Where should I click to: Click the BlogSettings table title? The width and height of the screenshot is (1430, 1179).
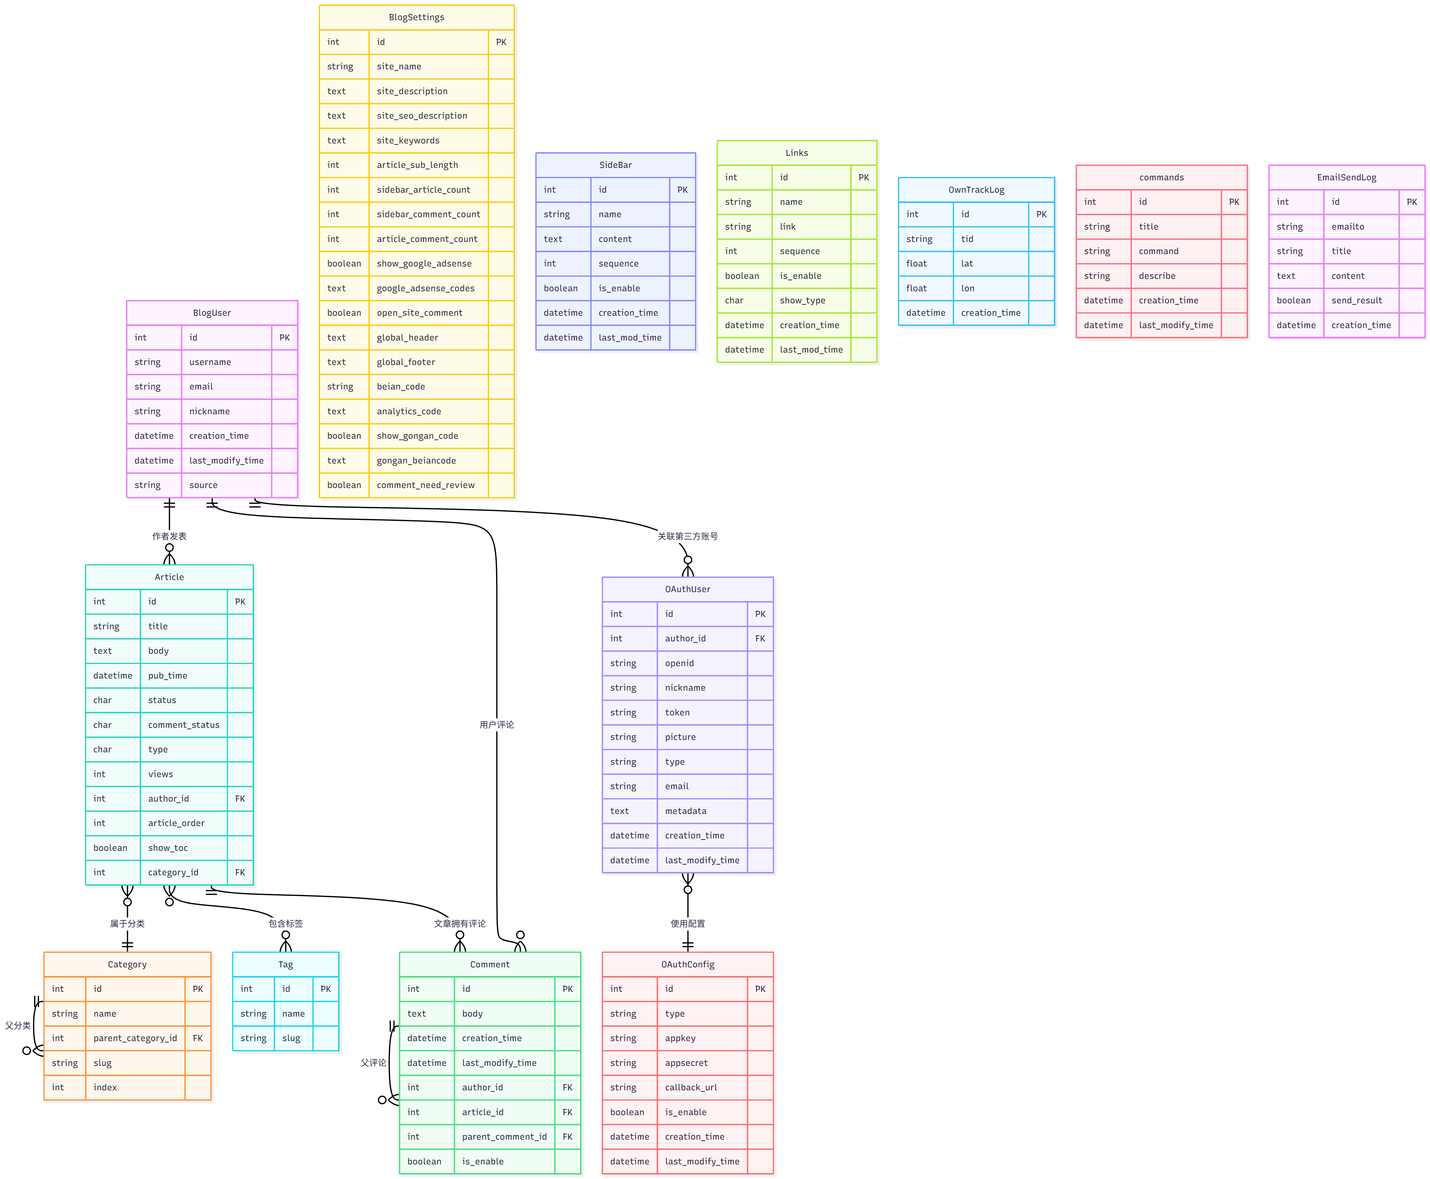tap(416, 17)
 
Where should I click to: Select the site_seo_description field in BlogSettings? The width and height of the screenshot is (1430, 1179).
tap(422, 116)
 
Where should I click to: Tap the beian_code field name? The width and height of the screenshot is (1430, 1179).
tap(401, 386)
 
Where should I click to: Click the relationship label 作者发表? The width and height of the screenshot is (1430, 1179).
tap(169, 536)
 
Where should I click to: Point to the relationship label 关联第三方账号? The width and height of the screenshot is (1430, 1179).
tap(687, 536)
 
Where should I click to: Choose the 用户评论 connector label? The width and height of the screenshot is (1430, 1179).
tap(496, 725)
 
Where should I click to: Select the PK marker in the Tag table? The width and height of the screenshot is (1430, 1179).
tap(325, 989)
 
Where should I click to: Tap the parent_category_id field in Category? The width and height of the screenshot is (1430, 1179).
tap(135, 1038)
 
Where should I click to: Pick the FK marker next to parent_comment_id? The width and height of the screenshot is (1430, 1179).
tap(567, 1136)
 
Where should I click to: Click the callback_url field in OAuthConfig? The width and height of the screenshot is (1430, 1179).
tap(691, 1087)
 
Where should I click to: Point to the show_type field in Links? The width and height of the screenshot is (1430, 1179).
tap(802, 300)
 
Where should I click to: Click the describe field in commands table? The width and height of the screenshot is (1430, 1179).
tap(1156, 276)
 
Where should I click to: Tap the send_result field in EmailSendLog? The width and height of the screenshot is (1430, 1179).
tap(1356, 300)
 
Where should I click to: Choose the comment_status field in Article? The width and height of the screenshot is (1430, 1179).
tap(183, 725)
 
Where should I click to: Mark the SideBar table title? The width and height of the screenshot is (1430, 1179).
tap(615, 165)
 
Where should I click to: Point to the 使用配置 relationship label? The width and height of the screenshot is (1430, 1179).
tap(687, 924)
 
